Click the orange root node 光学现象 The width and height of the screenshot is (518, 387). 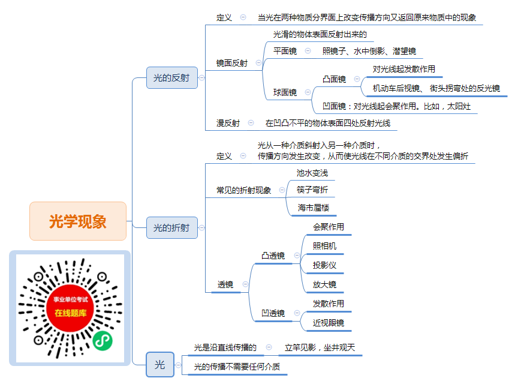pyautogui.click(x=78, y=221)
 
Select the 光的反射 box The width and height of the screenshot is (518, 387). pyautogui.click(x=172, y=77)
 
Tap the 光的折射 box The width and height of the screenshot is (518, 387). pyautogui.click(x=172, y=228)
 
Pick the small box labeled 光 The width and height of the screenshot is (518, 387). pyautogui.click(x=160, y=365)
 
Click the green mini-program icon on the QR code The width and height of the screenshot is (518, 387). pyautogui.click(x=103, y=341)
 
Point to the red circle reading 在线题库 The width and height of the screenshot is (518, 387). pyautogui.click(x=70, y=308)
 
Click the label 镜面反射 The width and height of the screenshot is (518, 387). pyautogui.click(x=232, y=63)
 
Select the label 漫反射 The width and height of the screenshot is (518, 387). pyautogui.click(x=228, y=123)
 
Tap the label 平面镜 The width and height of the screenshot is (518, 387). pyautogui.click(x=285, y=51)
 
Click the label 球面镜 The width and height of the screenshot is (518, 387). pyautogui.click(x=285, y=92)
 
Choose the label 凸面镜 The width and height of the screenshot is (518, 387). pyautogui.click(x=334, y=79)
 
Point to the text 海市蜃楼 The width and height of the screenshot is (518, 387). pyautogui.click(x=313, y=208)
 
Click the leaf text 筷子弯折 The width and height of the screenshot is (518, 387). pyautogui.click(x=312, y=190)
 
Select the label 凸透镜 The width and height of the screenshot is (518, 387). pyautogui.click(x=273, y=256)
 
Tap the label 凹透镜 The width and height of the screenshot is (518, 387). pyautogui.click(x=273, y=313)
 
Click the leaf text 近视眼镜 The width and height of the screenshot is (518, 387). pyautogui.click(x=329, y=323)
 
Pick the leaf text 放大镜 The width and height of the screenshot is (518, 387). pyautogui.click(x=324, y=284)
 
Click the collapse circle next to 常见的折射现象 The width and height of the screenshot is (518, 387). pyautogui.click(x=282, y=190)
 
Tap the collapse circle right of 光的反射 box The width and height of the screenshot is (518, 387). pyautogui.click(x=201, y=77)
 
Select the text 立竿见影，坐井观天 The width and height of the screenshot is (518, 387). pyautogui.click(x=320, y=347)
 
